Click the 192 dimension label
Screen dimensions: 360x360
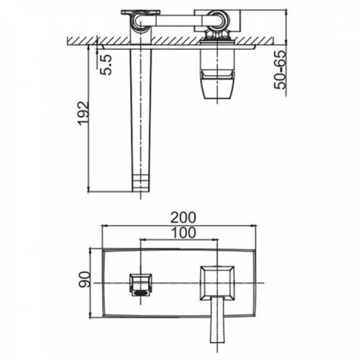pos(83,113)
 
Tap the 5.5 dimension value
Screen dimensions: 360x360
pos(106,65)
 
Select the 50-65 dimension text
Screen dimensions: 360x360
pos(280,70)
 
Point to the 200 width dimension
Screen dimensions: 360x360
pos(183,218)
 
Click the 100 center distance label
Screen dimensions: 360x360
pos(184,233)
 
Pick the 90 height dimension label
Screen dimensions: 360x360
pos(84,279)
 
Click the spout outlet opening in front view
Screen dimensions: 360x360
pos(141,293)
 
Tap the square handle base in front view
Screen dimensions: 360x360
pos(217,283)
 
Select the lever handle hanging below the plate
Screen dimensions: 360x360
pos(217,319)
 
